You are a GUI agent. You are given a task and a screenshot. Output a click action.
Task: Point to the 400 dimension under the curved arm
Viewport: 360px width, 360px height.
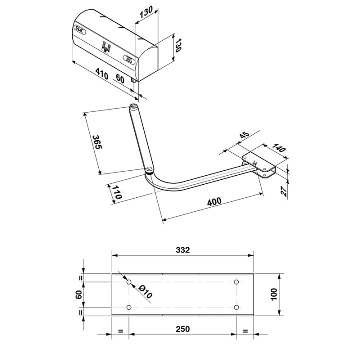click(213, 203)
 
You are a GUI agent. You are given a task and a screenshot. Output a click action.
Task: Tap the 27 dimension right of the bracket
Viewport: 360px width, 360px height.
click(284, 191)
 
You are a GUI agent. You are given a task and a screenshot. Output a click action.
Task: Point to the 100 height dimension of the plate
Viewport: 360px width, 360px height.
click(273, 295)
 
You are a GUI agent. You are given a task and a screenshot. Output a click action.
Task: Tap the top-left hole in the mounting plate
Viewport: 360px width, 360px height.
click(129, 282)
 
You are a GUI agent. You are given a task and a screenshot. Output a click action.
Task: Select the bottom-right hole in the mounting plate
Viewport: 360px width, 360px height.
click(237, 307)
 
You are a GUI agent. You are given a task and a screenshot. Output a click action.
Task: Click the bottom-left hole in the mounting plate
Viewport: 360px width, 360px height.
click(129, 307)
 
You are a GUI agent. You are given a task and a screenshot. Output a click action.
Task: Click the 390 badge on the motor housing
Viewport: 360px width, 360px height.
click(128, 58)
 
